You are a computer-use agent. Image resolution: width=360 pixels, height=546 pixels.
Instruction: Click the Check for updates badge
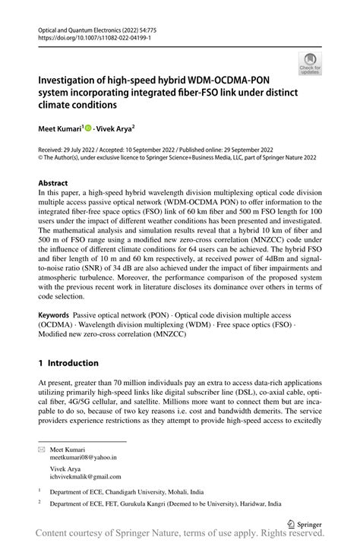(x=310, y=64)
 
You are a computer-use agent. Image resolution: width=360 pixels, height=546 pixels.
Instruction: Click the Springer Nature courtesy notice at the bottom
(x=180, y=535)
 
